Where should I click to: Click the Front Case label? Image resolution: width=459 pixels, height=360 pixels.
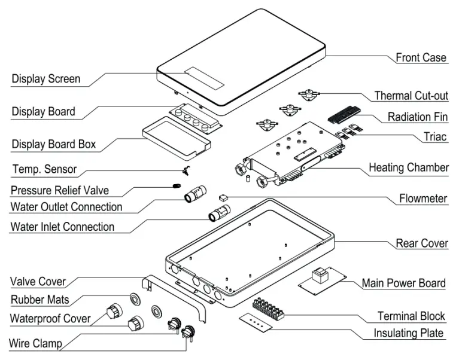tap(421, 58)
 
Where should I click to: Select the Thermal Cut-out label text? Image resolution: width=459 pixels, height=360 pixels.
tap(411, 96)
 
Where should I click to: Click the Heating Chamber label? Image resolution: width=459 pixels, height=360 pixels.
tap(408, 167)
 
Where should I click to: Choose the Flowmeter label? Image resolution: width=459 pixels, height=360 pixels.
tap(423, 198)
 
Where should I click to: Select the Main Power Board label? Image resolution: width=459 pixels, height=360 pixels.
tap(403, 283)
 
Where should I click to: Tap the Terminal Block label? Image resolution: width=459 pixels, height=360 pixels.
tap(411, 316)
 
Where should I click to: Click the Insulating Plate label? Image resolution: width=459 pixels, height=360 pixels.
tap(409, 332)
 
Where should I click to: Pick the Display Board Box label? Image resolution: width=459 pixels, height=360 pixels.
tap(54, 144)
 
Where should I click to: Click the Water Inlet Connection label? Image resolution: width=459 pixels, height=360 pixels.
tap(62, 227)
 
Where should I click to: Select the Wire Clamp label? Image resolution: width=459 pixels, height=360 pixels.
tap(35, 343)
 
